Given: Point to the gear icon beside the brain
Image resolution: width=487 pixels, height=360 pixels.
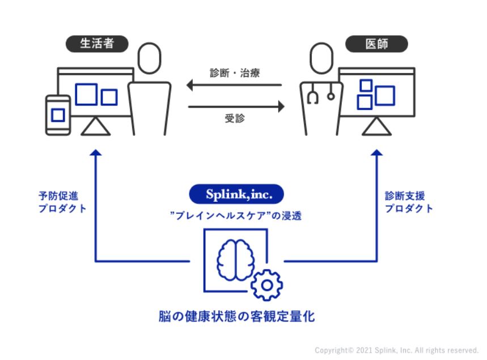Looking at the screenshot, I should click(266, 285).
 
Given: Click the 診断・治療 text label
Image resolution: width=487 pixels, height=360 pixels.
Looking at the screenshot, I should click(235, 73).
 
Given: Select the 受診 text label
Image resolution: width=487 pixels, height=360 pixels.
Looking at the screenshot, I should click(235, 118).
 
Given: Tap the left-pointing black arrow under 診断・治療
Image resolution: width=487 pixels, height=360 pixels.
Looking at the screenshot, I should click(234, 86).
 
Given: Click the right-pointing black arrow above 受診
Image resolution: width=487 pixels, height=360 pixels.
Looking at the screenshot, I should click(234, 105).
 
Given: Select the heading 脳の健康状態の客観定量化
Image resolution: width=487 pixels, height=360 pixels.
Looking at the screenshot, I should click(236, 316).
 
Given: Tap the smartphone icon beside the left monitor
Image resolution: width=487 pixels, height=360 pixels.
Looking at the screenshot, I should click(58, 115).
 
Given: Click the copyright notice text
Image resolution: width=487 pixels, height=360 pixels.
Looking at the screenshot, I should click(396, 350).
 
